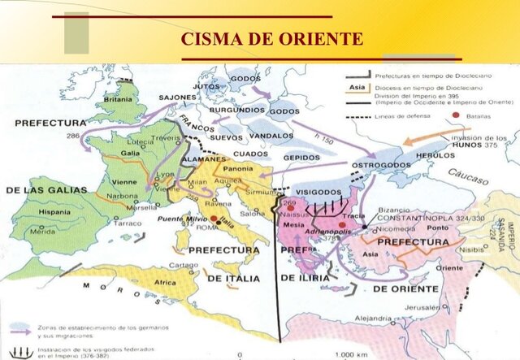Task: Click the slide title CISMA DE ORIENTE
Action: [x=271, y=39]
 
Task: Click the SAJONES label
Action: [x=176, y=98]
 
